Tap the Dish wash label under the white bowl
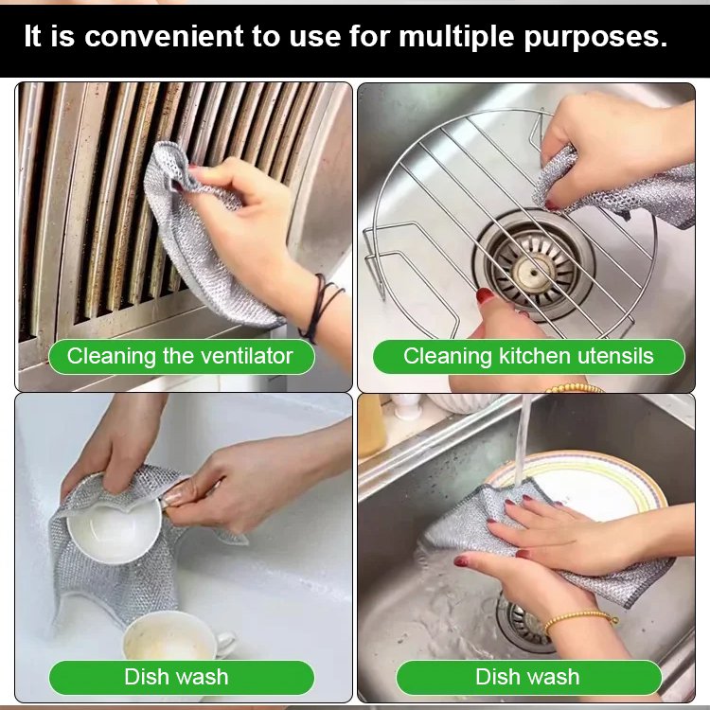point(176,677)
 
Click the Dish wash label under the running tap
point(527,677)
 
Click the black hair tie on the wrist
point(319,303)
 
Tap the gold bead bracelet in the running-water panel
point(579,620)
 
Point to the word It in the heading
point(33,37)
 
